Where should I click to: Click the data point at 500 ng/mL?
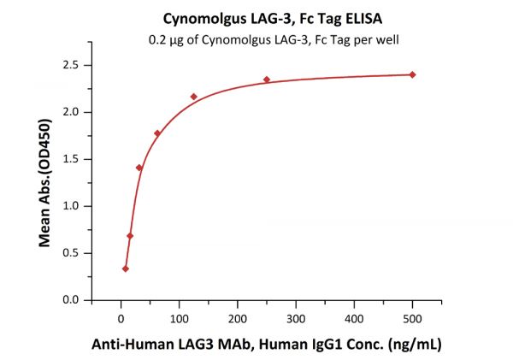tap(412, 74)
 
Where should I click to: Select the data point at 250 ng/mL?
tap(267, 80)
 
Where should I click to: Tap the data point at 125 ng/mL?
tap(194, 97)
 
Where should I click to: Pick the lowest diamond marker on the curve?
tap(126, 269)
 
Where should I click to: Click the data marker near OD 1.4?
tap(139, 168)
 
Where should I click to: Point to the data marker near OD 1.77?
tap(157, 133)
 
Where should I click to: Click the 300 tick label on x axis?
tap(296, 319)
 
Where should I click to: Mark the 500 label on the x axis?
tap(412, 319)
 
